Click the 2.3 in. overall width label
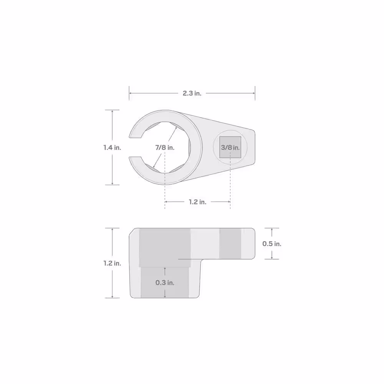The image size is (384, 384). pos(192,93)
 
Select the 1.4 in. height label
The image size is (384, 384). pos(112,148)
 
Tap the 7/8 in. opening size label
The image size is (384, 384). pos(165,148)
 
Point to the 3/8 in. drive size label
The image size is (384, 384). pos(230,148)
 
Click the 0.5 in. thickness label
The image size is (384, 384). pos(272,244)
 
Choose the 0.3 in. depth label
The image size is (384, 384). pos(165,283)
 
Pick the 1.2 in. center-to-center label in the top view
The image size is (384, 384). pos(197,202)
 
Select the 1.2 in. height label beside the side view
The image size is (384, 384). pos(112,263)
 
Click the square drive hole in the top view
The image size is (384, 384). pos(230,147)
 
